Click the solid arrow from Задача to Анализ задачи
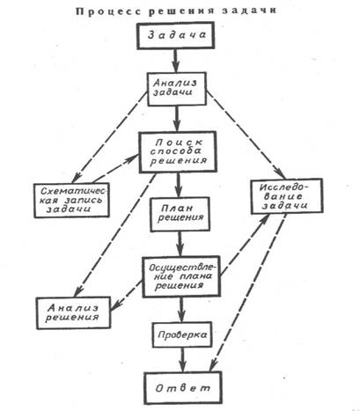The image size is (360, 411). click(176, 61)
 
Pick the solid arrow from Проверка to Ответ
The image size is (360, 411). click(182, 360)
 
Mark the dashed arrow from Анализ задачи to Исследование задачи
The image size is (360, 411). click(246, 135)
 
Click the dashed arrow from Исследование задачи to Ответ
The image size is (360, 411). click(248, 292)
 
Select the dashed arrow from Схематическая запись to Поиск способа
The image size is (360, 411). click(115, 168)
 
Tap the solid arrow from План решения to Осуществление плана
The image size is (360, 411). click(180, 245)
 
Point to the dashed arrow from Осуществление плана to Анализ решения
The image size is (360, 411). click(126, 296)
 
